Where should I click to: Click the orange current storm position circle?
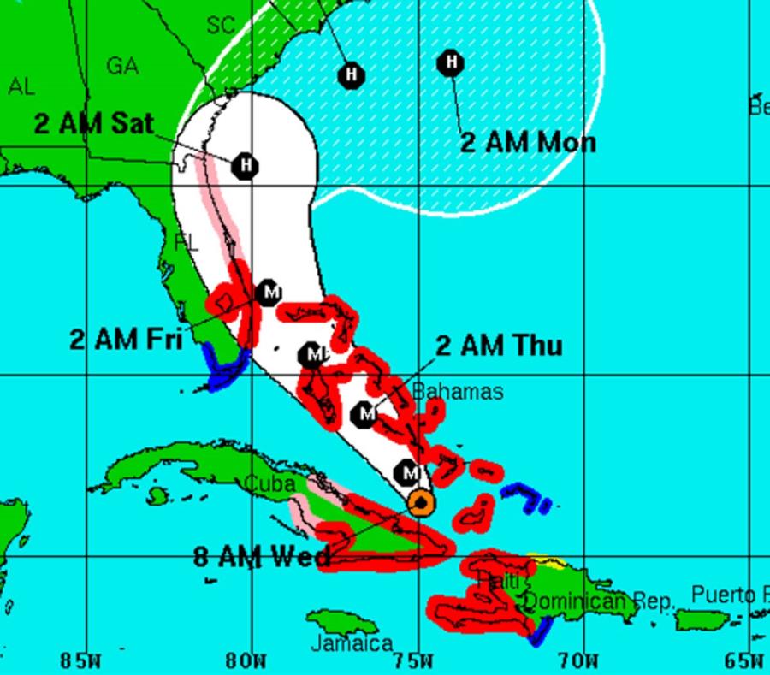(420, 501)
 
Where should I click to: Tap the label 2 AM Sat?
(93, 123)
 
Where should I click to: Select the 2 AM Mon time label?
(528, 141)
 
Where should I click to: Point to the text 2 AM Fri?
(127, 339)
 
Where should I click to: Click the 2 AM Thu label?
(499, 346)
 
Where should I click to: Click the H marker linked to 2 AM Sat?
(246, 163)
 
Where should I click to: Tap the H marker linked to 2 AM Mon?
(450, 62)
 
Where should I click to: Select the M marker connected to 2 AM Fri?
(269, 293)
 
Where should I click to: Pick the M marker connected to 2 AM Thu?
(366, 414)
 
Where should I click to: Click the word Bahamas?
(458, 392)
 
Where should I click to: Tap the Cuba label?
(270, 484)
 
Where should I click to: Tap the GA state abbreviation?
(122, 66)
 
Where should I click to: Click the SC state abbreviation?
(220, 26)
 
